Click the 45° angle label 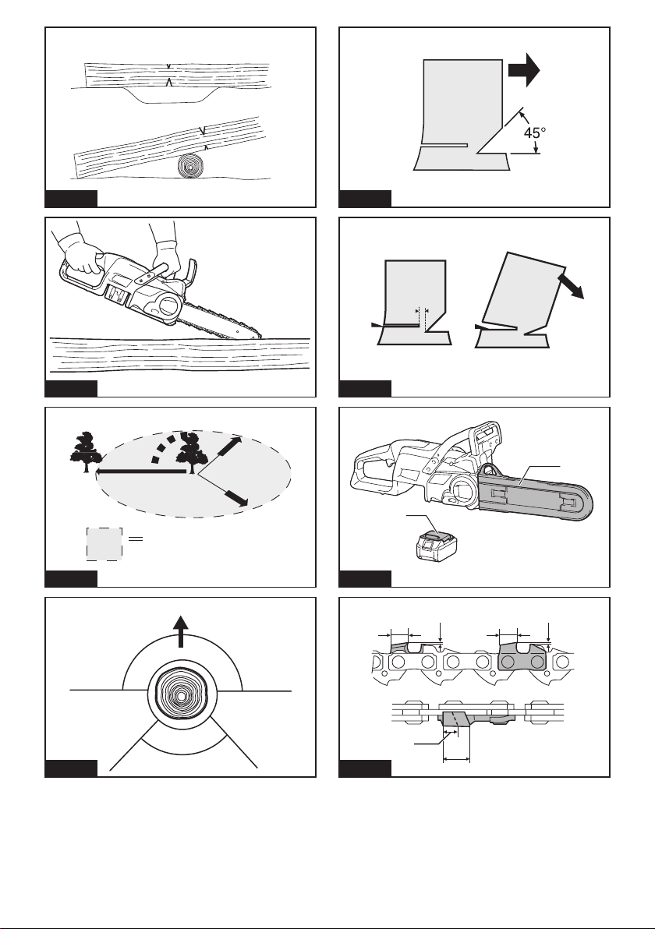click(x=535, y=132)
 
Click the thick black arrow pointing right click(x=524, y=69)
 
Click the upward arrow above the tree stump click(x=181, y=631)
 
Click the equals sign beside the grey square click(x=136, y=539)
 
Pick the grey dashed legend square click(x=105, y=544)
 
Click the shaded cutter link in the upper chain click(x=523, y=659)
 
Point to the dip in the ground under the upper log click(x=169, y=96)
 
